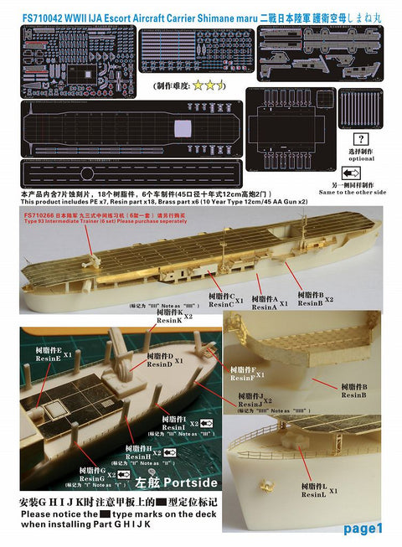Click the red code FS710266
pos(44,214)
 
